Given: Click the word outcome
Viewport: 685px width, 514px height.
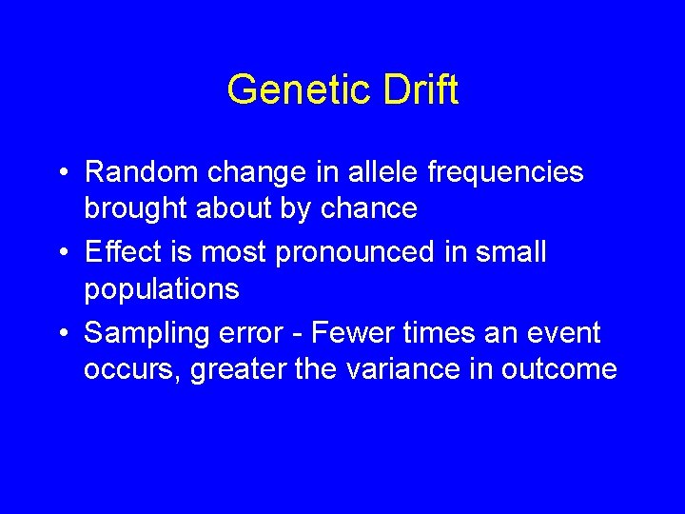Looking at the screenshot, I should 563,369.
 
